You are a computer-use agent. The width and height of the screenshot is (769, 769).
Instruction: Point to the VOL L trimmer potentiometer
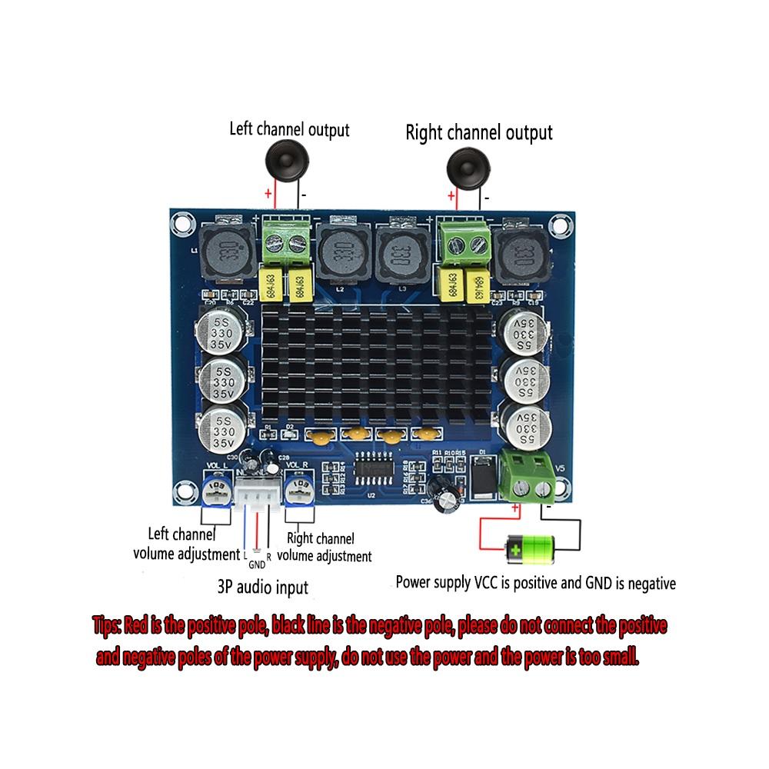click(217, 488)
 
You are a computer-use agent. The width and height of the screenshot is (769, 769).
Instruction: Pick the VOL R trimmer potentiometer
click(300, 490)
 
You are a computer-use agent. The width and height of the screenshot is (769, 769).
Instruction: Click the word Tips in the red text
click(105, 625)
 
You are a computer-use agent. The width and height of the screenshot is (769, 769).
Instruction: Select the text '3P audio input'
click(263, 588)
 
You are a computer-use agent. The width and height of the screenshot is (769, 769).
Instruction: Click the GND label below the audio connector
click(256, 564)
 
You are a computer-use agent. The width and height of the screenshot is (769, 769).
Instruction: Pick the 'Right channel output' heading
click(478, 133)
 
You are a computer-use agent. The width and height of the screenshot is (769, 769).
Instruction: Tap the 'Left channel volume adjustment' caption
click(185, 543)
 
